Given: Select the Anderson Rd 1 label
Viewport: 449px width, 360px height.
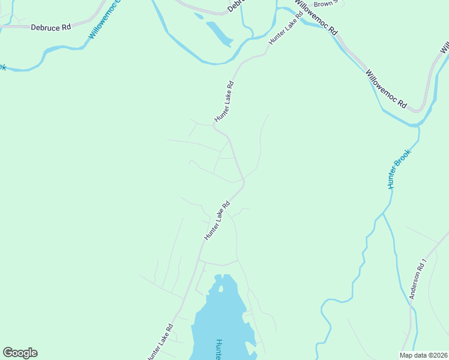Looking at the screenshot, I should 418,279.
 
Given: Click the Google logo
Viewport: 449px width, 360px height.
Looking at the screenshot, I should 20,353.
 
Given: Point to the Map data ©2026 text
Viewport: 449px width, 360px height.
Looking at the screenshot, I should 424,355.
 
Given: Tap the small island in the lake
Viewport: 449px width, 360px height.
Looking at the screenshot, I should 221,289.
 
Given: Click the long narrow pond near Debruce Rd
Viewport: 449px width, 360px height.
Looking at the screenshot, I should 219,34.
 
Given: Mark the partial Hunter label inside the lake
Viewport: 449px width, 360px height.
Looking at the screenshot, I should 219,350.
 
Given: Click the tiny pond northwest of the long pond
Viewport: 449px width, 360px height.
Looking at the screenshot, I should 199,16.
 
